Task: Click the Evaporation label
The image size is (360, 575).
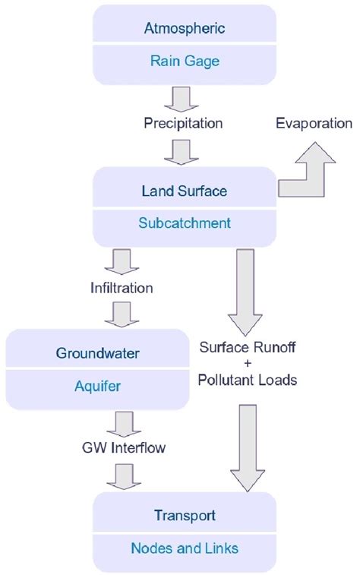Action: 314,123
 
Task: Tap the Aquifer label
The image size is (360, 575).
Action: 96,387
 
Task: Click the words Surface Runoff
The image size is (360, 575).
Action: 248,348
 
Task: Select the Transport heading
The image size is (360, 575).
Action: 183,516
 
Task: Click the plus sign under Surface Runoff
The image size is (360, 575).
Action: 248,364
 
